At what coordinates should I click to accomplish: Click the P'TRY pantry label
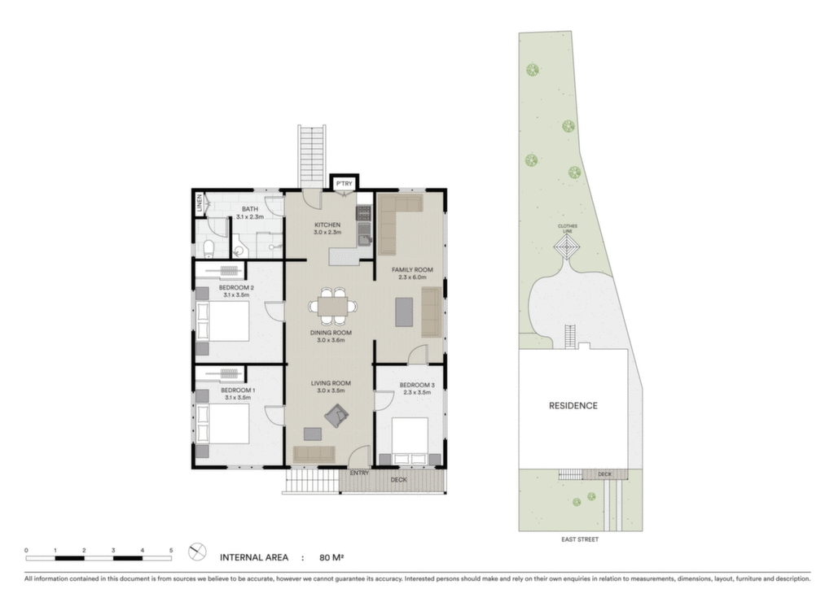(345, 184)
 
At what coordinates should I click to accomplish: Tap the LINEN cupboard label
(200, 203)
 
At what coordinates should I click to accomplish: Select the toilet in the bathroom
(208, 248)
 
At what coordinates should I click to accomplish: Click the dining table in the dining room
(333, 307)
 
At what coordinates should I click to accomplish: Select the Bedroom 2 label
(236, 288)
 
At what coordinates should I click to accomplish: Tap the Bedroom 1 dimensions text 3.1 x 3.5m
(237, 397)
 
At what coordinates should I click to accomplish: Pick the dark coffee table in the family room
(404, 312)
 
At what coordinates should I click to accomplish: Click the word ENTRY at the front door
(359, 473)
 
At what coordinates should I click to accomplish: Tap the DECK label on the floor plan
(398, 480)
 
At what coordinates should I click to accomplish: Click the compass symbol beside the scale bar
(197, 552)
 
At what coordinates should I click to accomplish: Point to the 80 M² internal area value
(331, 557)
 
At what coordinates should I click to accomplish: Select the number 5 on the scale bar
(171, 550)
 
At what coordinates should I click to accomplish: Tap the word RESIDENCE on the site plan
(573, 406)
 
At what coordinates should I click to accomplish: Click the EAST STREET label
(580, 539)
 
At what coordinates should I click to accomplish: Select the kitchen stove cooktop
(363, 213)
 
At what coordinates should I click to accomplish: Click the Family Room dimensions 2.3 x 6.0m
(412, 277)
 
